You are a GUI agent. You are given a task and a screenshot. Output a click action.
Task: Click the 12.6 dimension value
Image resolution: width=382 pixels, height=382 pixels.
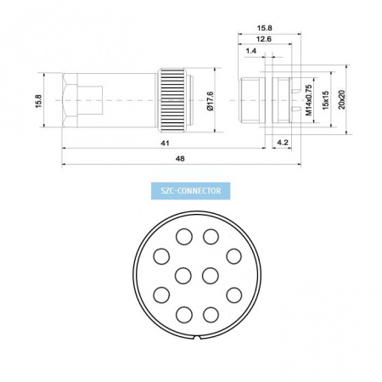[x=264, y=39]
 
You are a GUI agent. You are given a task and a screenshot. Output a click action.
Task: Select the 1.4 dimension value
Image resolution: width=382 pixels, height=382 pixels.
[x=250, y=51]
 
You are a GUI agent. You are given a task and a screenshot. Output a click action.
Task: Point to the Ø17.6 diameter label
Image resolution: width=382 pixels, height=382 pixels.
[x=211, y=101]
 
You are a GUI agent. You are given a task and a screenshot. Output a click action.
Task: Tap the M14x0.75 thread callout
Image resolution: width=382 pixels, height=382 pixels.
[x=308, y=100]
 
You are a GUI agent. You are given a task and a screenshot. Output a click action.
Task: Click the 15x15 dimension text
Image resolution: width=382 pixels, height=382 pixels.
[x=325, y=100]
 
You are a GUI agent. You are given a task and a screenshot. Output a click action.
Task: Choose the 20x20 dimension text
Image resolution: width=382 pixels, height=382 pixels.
[x=341, y=99]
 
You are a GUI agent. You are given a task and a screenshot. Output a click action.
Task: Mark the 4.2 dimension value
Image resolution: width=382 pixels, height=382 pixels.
[x=282, y=143]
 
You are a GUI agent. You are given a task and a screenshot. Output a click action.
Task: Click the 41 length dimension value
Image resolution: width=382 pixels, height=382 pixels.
[x=165, y=143]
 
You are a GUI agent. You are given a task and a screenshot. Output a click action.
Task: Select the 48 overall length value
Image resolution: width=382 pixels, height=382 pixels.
[x=180, y=159]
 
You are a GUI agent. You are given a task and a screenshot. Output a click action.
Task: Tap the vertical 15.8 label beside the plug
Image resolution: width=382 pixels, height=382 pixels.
[x=38, y=101]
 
